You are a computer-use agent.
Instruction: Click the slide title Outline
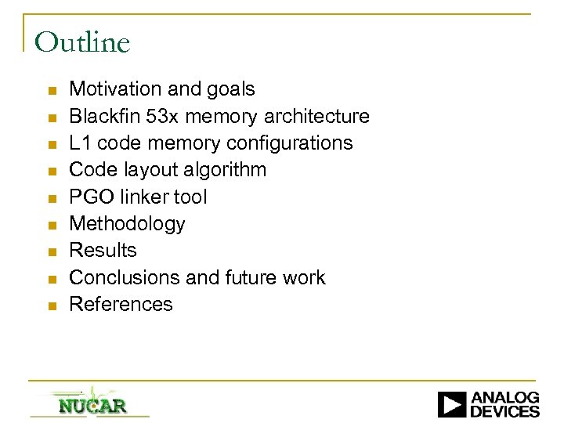coord(82,42)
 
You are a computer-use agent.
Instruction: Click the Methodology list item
coord(128,224)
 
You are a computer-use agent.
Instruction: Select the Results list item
coord(103,251)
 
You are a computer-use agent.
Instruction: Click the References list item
coord(121,304)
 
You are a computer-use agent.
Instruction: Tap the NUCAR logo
coord(92,405)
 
